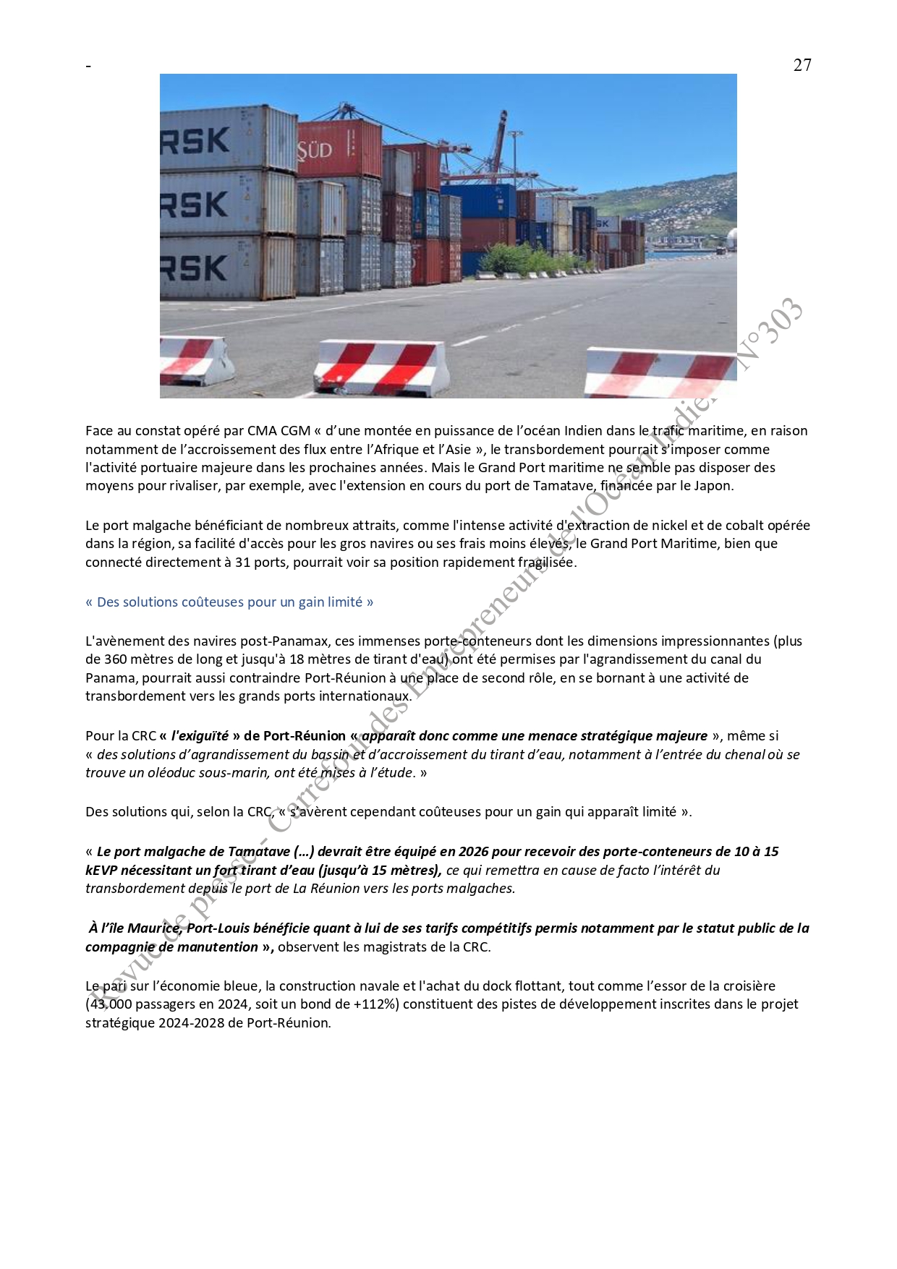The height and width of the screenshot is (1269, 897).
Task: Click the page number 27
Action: point(802,65)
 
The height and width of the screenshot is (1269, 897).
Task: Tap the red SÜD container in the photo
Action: point(338,150)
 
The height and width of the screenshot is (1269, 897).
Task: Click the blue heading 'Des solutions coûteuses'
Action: point(229,602)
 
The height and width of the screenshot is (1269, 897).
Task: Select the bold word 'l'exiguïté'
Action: point(200,736)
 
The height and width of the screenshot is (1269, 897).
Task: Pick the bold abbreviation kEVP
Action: point(101,871)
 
